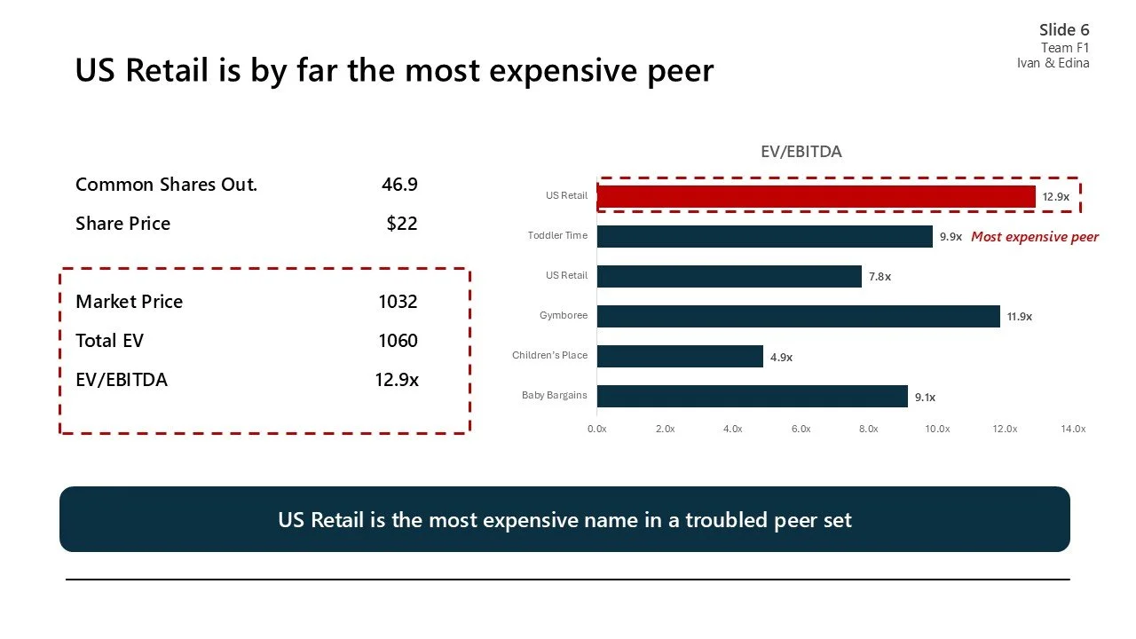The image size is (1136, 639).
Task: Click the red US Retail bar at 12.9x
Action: point(816,196)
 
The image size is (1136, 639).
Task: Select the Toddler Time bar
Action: point(764,236)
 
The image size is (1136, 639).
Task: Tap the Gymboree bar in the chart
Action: point(798,316)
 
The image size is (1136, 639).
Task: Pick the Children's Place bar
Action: point(680,356)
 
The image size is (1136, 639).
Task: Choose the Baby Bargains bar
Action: point(752,396)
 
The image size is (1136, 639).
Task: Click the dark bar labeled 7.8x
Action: point(729,276)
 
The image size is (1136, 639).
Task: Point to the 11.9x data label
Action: point(1020,317)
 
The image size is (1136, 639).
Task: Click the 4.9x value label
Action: point(781,357)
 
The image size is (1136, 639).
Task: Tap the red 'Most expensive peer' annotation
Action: point(1035,237)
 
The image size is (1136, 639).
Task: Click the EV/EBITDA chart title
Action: point(801,152)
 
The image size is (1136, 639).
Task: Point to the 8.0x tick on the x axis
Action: point(868,429)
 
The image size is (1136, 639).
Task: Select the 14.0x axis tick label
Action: point(1072,429)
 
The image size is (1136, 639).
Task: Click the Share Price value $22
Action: point(401,224)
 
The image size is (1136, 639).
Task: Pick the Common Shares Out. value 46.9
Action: point(399,185)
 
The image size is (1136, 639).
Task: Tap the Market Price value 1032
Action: point(398,302)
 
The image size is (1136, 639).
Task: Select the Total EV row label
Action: point(109,341)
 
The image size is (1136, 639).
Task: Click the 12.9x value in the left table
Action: point(396,380)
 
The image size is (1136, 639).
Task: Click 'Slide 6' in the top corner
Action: point(1064,30)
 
